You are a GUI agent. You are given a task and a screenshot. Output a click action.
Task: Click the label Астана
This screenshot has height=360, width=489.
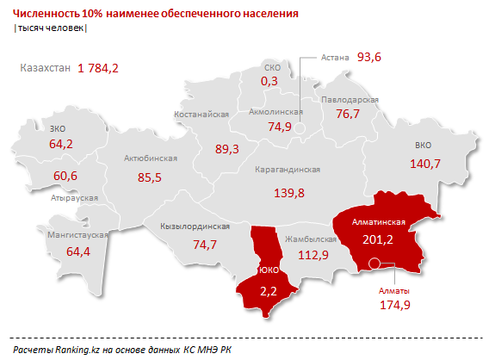[x=334, y=57]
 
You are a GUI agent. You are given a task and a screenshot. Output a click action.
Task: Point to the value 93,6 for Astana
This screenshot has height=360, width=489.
[x=369, y=57]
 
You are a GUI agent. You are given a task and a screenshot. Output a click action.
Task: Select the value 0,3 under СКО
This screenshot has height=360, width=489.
[x=270, y=81]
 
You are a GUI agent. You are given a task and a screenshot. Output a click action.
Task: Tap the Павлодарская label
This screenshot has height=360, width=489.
[x=350, y=100]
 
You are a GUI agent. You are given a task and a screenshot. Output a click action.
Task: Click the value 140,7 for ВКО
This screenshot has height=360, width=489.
[x=424, y=164]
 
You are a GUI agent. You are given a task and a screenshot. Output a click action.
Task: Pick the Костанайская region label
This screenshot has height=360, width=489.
[x=226, y=114]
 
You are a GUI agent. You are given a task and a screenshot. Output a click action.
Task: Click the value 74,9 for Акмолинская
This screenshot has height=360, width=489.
[x=280, y=127]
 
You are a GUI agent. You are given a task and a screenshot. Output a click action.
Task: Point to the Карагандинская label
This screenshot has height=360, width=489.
[x=288, y=171]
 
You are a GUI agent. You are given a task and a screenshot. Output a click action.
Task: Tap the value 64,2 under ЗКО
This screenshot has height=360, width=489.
[x=61, y=144]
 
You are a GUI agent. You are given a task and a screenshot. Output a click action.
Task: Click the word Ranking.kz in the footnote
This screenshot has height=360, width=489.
[x=77, y=347]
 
